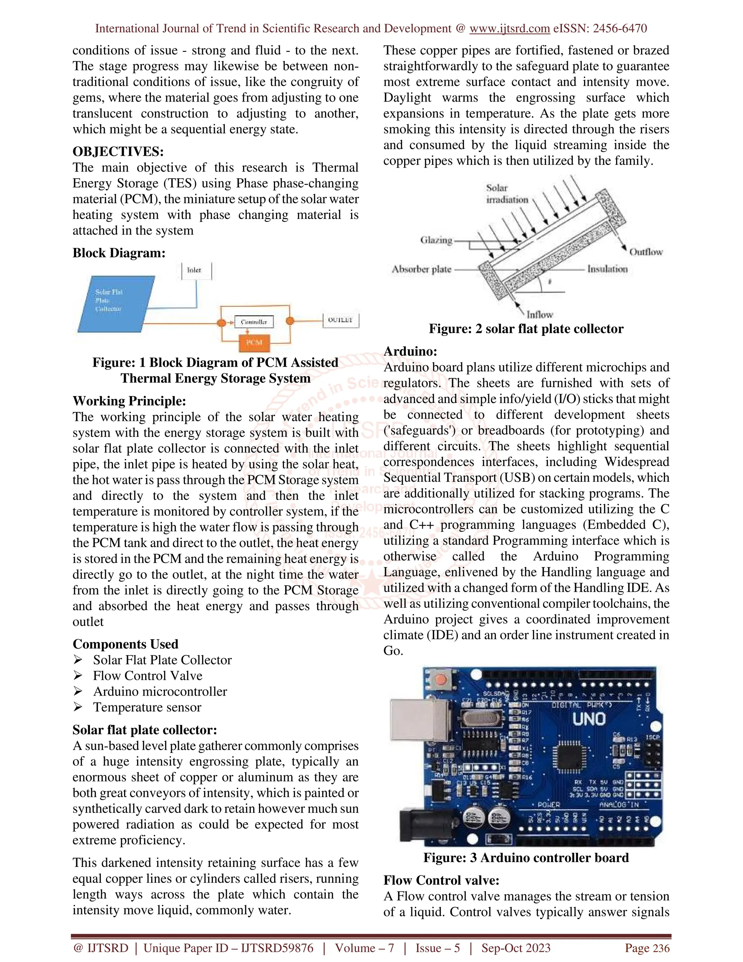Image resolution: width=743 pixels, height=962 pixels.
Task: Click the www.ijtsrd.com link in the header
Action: (509, 29)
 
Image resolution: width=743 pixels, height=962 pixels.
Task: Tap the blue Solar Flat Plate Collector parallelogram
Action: (115, 303)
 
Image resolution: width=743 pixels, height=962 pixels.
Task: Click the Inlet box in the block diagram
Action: (196, 270)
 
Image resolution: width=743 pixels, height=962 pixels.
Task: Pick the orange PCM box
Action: (254, 343)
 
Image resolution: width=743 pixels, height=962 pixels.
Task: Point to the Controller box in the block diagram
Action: (254, 322)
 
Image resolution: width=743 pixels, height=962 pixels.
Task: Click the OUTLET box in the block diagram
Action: (341, 320)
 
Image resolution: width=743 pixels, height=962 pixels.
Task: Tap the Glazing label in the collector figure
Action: (436, 240)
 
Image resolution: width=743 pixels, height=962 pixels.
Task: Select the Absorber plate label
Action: (422, 269)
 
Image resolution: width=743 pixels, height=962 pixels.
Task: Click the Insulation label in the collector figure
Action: (607, 269)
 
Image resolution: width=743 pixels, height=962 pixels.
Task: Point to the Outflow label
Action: (646, 252)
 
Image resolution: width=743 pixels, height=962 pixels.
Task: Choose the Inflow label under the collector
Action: (539, 314)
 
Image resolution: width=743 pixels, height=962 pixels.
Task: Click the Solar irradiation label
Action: (506, 194)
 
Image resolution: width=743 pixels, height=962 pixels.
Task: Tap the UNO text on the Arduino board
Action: (589, 719)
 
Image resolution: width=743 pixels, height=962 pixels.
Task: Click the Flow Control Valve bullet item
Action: (147, 676)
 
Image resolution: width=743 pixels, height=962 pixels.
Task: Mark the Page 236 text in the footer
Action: (647, 948)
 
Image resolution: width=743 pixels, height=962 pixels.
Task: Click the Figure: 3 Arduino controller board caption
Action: (526, 857)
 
